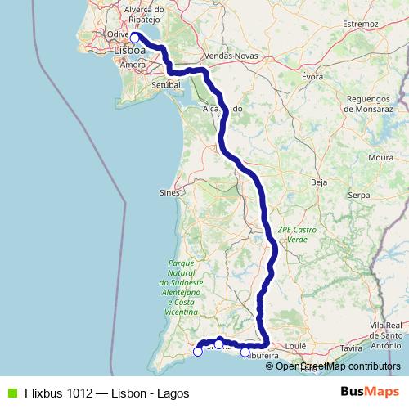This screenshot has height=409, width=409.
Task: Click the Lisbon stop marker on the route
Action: click(134, 37)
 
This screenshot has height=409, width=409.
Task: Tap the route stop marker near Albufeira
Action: click(245, 352)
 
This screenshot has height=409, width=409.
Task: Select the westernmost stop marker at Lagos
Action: click(197, 352)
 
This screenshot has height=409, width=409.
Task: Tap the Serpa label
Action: click(360, 196)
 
